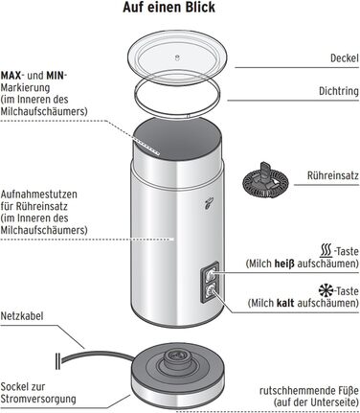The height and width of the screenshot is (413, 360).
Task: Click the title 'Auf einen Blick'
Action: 169,8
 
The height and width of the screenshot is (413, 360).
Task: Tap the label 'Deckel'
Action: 345,58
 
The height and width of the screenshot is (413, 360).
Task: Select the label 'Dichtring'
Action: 339,91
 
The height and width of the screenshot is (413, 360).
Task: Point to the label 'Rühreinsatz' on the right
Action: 333,175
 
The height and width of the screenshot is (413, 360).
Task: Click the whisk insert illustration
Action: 265,180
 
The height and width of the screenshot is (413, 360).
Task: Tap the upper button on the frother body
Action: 211,274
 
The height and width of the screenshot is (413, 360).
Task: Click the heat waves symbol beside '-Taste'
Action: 326,251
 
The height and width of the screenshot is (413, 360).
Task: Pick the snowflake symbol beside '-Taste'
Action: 326,290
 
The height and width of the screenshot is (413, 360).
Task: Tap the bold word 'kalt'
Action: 285,303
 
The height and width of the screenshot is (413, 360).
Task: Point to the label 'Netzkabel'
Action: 22,316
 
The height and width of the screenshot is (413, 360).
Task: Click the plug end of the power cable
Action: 57,361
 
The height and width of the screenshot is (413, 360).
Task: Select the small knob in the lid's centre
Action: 178,57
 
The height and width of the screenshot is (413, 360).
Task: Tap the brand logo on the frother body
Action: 209,204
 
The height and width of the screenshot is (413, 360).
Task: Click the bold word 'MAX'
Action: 11,76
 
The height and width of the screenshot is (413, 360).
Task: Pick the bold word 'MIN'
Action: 56,76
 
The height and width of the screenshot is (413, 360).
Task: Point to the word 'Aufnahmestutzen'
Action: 39,195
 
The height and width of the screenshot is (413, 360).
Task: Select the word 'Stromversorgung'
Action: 38,400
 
